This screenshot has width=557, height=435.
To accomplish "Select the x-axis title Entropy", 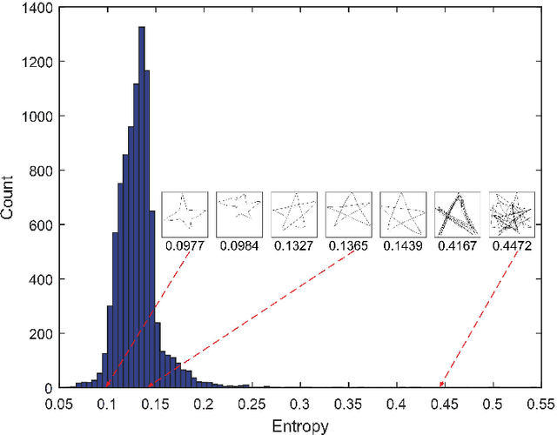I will tap(299, 425).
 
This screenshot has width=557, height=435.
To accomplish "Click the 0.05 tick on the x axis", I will tap(59, 403).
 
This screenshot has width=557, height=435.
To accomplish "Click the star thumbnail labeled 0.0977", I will tap(185, 214).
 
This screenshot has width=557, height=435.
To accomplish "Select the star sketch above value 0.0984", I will tap(238, 214).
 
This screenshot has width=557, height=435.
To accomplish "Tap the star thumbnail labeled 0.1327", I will tap(293, 214).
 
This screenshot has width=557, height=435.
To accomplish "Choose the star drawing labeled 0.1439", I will tap(402, 214).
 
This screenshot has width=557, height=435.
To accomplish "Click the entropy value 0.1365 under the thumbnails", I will tap(348, 246).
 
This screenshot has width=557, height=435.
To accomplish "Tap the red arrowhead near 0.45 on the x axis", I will tap(441, 384).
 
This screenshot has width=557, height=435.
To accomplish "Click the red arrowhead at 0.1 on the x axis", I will tap(107, 384).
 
